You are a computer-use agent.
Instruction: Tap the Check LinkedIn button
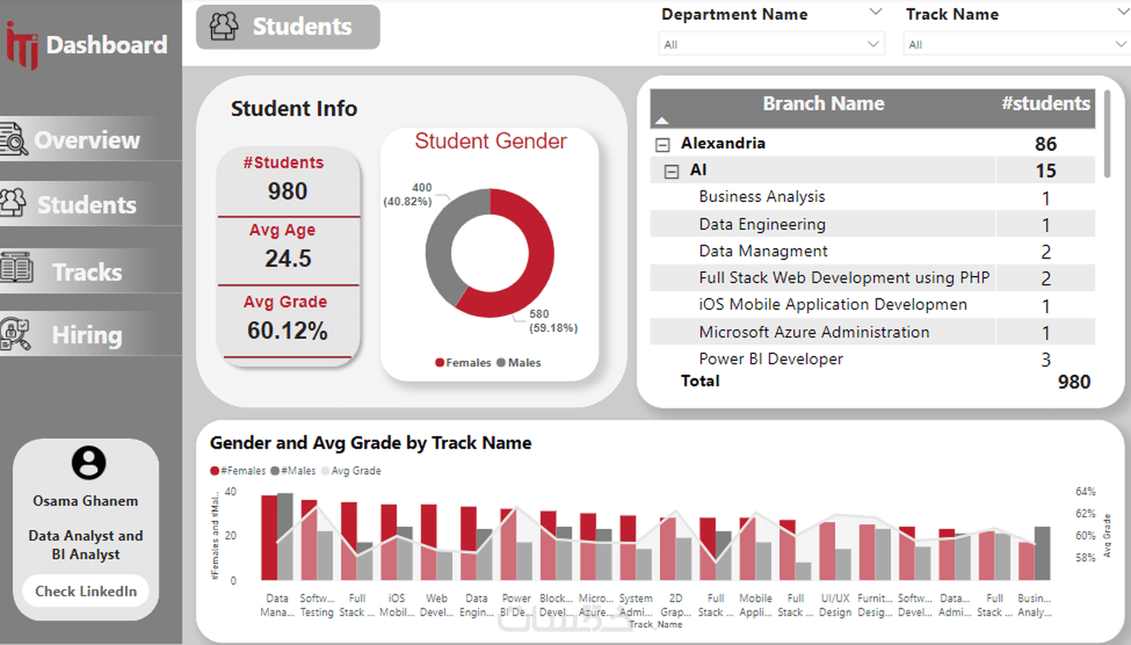[86, 591]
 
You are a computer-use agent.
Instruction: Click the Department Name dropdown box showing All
[771, 45]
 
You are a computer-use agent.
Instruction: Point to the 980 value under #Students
[287, 192]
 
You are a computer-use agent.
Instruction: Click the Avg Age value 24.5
[287, 259]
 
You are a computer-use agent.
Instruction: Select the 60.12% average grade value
[287, 330]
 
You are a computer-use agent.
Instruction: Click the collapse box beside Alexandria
[663, 144]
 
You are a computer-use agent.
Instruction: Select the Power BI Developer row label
[770, 359]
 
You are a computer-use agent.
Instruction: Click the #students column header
[1045, 104]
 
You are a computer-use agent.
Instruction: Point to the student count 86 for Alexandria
[1045, 144]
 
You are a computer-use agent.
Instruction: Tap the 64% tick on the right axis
[1085, 491]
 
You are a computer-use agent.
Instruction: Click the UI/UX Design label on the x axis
[835, 605]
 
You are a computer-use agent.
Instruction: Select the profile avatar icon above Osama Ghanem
[88, 462]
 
